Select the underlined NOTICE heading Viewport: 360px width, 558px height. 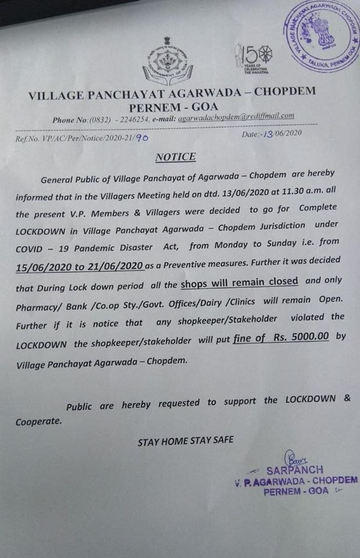(176, 157)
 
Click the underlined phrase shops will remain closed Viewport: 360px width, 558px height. (240, 281)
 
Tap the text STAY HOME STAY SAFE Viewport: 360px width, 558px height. (185, 441)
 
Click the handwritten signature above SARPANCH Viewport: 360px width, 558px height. (291, 458)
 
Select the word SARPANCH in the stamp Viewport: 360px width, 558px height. (295, 470)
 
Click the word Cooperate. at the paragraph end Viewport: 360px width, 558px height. (38, 420)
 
